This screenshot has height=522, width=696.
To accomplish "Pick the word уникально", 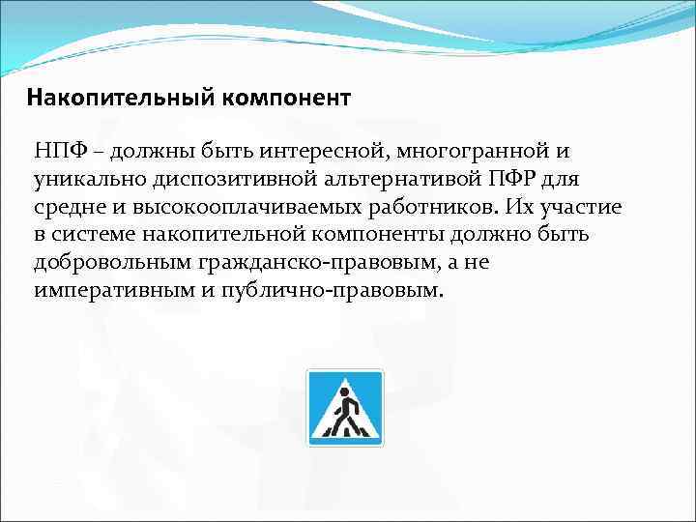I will [x=86, y=180].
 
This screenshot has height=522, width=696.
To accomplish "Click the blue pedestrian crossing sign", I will [x=345, y=407].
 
